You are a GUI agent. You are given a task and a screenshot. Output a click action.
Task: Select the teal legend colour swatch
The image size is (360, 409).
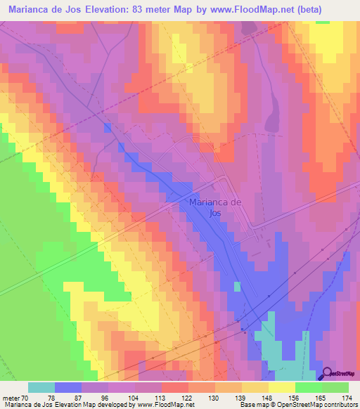(x=41, y=387)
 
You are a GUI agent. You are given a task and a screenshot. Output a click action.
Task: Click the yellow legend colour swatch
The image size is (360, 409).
(x=281, y=387)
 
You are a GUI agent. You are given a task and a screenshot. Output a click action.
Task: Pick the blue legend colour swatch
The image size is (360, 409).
(x=68, y=387)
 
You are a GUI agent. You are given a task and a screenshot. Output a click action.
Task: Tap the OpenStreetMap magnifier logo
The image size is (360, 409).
(x=328, y=373)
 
